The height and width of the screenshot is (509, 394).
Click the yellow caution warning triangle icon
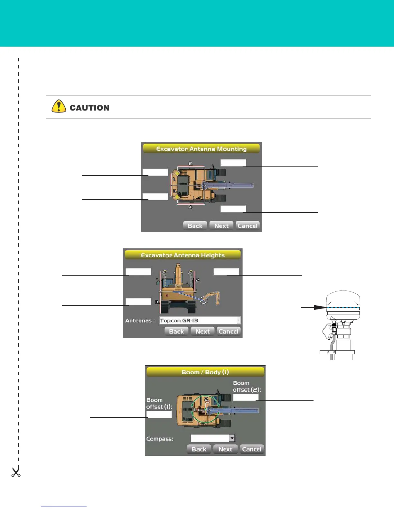(x=59, y=106)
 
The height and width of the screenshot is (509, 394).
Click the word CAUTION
(x=89, y=108)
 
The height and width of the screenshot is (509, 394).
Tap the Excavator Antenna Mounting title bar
(x=201, y=149)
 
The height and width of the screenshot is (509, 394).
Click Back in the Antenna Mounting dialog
(x=195, y=226)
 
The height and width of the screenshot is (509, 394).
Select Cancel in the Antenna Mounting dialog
(x=247, y=226)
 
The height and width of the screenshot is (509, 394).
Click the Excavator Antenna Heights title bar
(x=183, y=255)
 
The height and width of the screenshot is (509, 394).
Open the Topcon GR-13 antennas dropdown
(x=239, y=320)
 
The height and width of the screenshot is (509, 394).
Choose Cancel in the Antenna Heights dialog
(x=228, y=331)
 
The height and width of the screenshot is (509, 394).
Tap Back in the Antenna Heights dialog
(x=176, y=331)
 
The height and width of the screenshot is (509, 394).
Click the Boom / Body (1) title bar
(x=205, y=372)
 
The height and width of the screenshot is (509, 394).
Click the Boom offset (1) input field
(x=159, y=414)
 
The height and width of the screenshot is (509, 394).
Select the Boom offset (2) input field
(x=246, y=397)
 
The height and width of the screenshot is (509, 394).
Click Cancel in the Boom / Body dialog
(x=251, y=449)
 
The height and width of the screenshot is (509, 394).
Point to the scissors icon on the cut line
(x=16, y=472)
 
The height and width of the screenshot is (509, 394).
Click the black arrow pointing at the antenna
(x=314, y=308)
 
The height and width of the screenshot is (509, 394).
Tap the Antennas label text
(x=140, y=321)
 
